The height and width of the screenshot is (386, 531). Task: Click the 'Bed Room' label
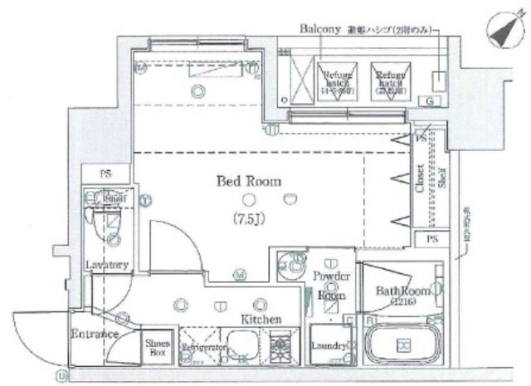tap(249, 180)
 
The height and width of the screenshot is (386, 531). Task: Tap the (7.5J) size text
tap(249, 220)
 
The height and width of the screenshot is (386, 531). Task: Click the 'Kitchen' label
tap(261, 319)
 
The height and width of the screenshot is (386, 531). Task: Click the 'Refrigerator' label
tap(201, 350)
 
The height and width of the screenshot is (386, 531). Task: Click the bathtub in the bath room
tap(404, 345)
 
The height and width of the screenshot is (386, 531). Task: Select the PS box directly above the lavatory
tap(106, 175)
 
